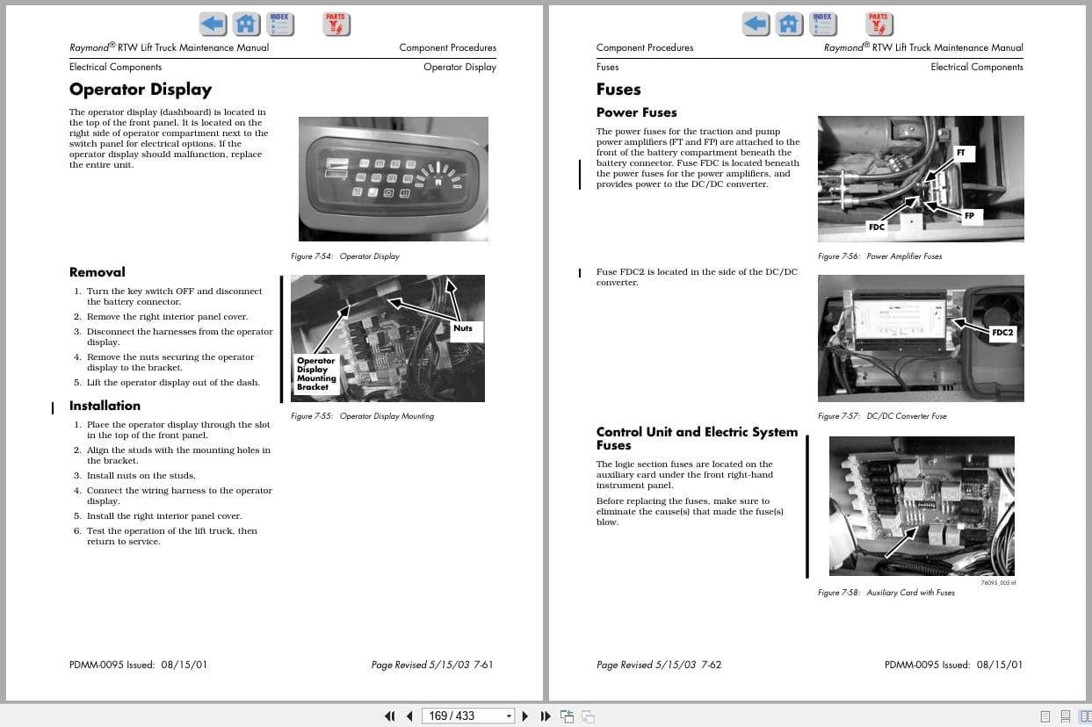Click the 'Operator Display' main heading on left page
(141, 90)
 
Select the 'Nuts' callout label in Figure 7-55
(463, 328)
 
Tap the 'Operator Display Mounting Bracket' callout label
(316, 373)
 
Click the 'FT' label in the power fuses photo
(960, 153)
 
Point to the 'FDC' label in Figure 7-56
(876, 227)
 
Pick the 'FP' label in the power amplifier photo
(969, 215)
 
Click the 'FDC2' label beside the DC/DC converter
(1002, 333)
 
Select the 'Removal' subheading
(98, 272)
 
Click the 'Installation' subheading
(105, 406)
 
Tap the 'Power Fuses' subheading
(636, 112)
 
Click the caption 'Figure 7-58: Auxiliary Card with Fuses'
(886, 593)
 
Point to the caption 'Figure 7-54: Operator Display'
(344, 256)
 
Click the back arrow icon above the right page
(756, 24)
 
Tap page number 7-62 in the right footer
(711, 665)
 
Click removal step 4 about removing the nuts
(170, 363)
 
